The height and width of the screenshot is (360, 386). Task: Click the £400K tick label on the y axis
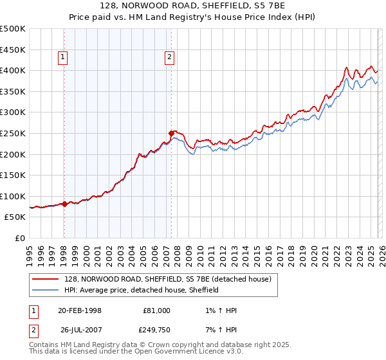[x=13, y=70]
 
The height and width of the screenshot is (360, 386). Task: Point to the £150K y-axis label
[x=13, y=175]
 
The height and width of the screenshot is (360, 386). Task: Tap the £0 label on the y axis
[x=19, y=239]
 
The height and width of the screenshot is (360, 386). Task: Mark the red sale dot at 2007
[x=172, y=134]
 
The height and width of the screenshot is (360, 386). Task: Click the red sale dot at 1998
[x=65, y=204]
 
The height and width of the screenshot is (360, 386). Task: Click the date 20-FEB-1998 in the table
[x=80, y=310]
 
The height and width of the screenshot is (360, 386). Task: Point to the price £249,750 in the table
[x=156, y=331]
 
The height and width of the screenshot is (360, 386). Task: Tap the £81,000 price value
[x=156, y=310]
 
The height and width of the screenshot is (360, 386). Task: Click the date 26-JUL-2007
[x=80, y=331]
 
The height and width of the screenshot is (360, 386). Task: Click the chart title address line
[x=192, y=5]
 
